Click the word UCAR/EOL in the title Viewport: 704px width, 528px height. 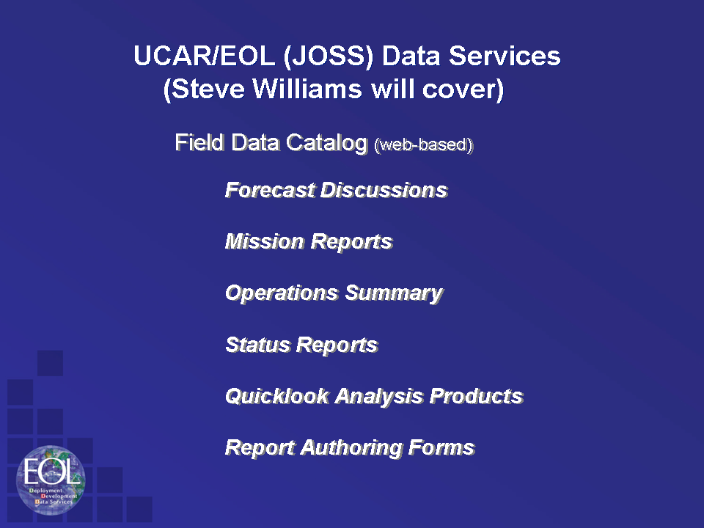(205, 56)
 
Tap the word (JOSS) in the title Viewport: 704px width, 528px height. (329, 57)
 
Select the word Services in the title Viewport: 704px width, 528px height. (505, 56)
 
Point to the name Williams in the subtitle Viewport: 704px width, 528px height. (307, 89)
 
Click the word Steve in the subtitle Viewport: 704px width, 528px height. (205, 89)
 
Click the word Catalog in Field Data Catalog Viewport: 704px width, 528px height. (327, 143)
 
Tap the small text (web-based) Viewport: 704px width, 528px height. (424, 144)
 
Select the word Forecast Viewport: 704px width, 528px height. (270, 190)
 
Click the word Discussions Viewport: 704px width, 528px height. (384, 190)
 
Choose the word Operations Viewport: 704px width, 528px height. (282, 293)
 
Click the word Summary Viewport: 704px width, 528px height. (395, 293)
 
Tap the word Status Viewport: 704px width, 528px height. (258, 345)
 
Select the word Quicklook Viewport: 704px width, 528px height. (277, 396)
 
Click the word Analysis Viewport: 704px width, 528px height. (379, 397)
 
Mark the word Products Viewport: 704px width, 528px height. (477, 396)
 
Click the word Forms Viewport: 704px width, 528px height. (441, 447)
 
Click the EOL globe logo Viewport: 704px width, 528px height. (51, 480)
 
